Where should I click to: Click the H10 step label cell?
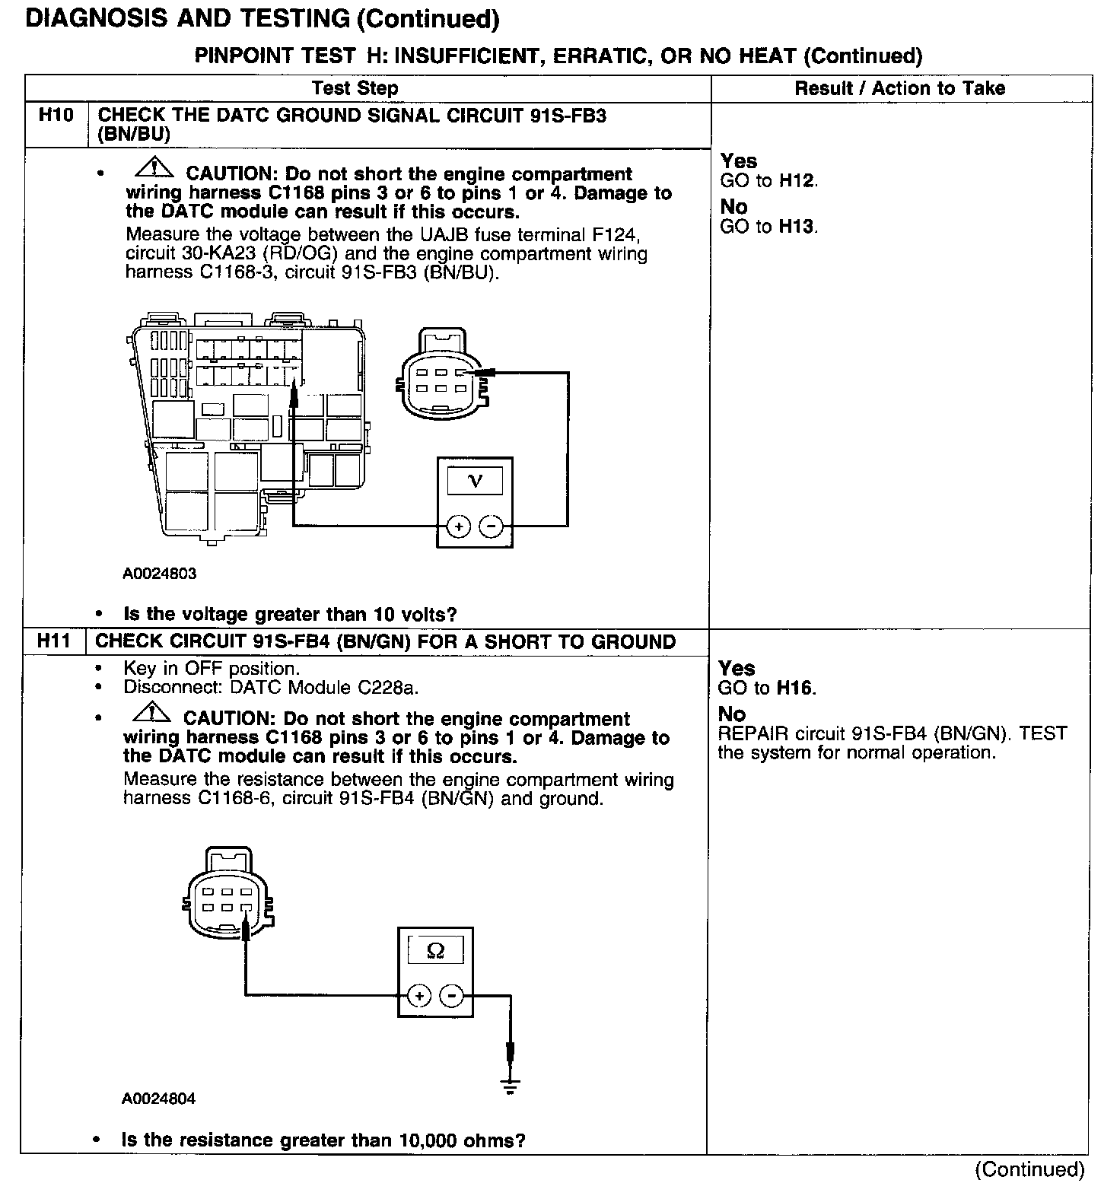pyautogui.click(x=56, y=116)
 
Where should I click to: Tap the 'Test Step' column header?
pyautogui.click(x=355, y=88)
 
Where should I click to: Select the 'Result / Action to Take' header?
pyautogui.click(x=899, y=88)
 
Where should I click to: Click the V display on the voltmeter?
pyautogui.click(x=475, y=481)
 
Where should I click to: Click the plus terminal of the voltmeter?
pyautogui.click(x=458, y=526)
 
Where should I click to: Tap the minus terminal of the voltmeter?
pyautogui.click(x=492, y=526)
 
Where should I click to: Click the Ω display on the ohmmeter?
pyautogui.click(x=436, y=950)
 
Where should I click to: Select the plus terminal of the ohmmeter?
pyautogui.click(x=419, y=995)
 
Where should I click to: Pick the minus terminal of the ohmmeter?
pyautogui.click(x=453, y=995)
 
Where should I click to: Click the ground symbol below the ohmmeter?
pyautogui.click(x=511, y=1086)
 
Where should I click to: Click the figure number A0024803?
pyautogui.click(x=159, y=574)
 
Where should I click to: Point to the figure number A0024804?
pyautogui.click(x=158, y=1099)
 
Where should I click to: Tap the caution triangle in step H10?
pyautogui.click(x=152, y=166)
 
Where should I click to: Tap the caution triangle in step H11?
pyautogui.click(x=151, y=711)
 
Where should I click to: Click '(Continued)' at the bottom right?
pyautogui.click(x=1029, y=1169)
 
